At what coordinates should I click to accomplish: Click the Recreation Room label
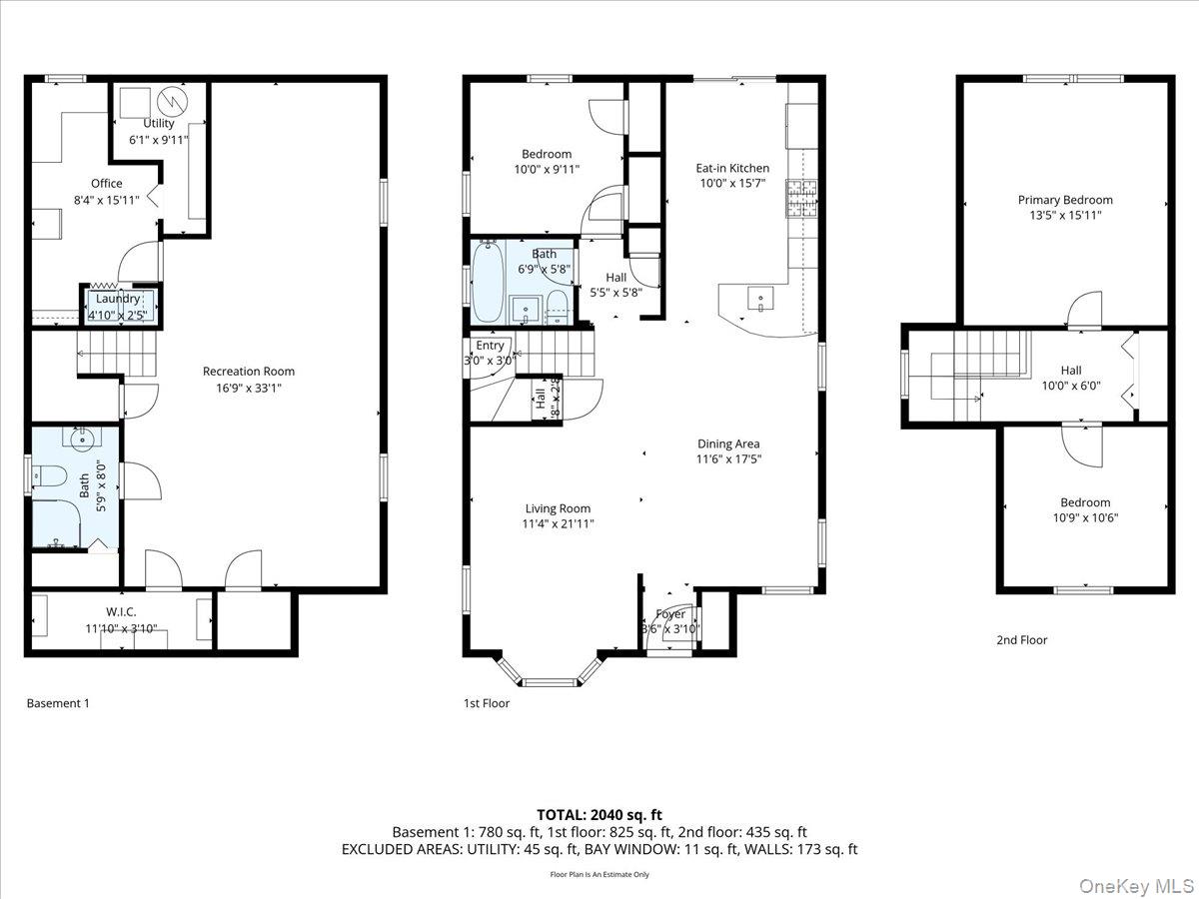[x=248, y=372]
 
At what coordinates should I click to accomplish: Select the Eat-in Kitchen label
[x=732, y=169]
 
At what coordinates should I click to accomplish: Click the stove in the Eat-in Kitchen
[x=802, y=198]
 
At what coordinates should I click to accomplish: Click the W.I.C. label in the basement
[x=121, y=611]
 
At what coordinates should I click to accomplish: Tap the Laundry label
[x=118, y=299]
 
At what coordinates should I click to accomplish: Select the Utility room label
[x=158, y=124]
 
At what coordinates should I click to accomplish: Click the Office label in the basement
[x=107, y=184]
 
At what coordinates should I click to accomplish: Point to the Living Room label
[x=558, y=508]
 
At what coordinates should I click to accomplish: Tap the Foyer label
[x=670, y=614]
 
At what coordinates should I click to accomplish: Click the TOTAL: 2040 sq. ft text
[x=599, y=814]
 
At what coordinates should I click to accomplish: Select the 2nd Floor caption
[x=1021, y=640]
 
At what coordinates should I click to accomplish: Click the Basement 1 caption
[x=58, y=703]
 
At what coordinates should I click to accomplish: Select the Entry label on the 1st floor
[x=490, y=346]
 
